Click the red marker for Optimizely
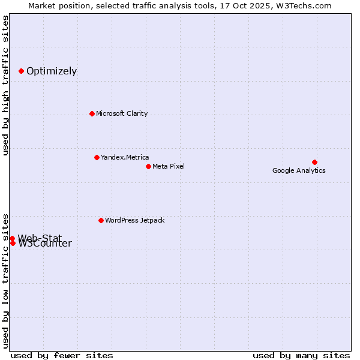[x=21, y=71]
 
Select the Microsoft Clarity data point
[x=92, y=113]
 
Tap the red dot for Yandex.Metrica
[x=97, y=157]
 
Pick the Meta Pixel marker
[x=148, y=166]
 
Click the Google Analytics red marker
[x=314, y=162]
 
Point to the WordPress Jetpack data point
[x=101, y=220]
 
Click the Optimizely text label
[x=52, y=71]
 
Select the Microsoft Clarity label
[x=122, y=113]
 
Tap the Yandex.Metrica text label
[x=125, y=157]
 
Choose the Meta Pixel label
[x=169, y=166]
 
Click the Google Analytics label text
[x=299, y=170]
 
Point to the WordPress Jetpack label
[x=134, y=220]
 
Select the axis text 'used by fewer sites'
[x=62, y=355]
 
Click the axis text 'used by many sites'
[x=301, y=355]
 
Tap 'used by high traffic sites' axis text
[x=6, y=85]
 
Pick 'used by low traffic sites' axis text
[x=6, y=280]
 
